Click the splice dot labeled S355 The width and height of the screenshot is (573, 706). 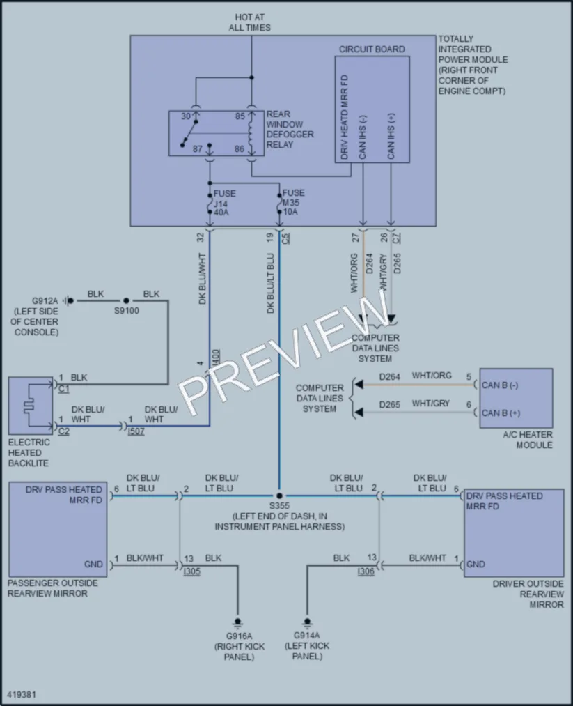279,496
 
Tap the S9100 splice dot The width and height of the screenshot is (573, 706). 127,300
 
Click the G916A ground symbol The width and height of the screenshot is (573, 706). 237,623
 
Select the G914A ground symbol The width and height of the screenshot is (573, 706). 307,622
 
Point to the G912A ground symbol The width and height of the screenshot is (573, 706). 68,300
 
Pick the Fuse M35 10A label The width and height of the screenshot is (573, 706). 293,202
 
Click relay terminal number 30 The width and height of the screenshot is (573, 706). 186,116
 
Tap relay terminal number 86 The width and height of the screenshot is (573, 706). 240,148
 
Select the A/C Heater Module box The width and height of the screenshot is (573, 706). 516,398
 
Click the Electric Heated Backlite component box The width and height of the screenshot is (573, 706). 31,406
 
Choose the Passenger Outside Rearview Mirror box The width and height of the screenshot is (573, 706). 58,529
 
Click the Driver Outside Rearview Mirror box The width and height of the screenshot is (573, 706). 514,532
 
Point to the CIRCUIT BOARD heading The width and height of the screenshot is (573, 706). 372,49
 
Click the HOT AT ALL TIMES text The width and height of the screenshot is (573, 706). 250,22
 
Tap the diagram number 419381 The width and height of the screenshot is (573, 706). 22,694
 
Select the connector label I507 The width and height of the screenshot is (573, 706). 136,431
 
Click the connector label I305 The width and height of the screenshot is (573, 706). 191,571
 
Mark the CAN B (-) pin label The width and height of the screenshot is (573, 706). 500,385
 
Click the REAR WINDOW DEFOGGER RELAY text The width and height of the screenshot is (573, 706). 290,129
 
